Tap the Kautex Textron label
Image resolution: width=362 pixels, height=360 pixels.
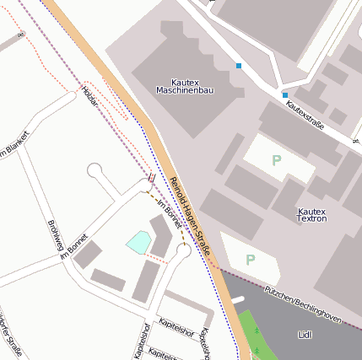pos(312,214)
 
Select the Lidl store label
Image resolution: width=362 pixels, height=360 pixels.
pos(305,335)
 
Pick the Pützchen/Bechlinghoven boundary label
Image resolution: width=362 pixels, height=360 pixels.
pos(302,305)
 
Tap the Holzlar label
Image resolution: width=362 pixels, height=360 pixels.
pos(90,97)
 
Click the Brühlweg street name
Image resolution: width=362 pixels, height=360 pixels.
pos(56,237)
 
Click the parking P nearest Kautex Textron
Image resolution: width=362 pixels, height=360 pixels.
pos(276,160)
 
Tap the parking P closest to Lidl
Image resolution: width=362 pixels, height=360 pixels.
pos(250,260)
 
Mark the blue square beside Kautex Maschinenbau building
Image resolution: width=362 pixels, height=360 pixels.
pos(239,66)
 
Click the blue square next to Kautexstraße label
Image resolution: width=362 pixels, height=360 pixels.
pos(285,95)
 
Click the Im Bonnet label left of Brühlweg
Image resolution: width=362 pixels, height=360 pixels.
pos(74,248)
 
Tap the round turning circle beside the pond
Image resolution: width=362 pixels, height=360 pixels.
pos(183,250)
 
